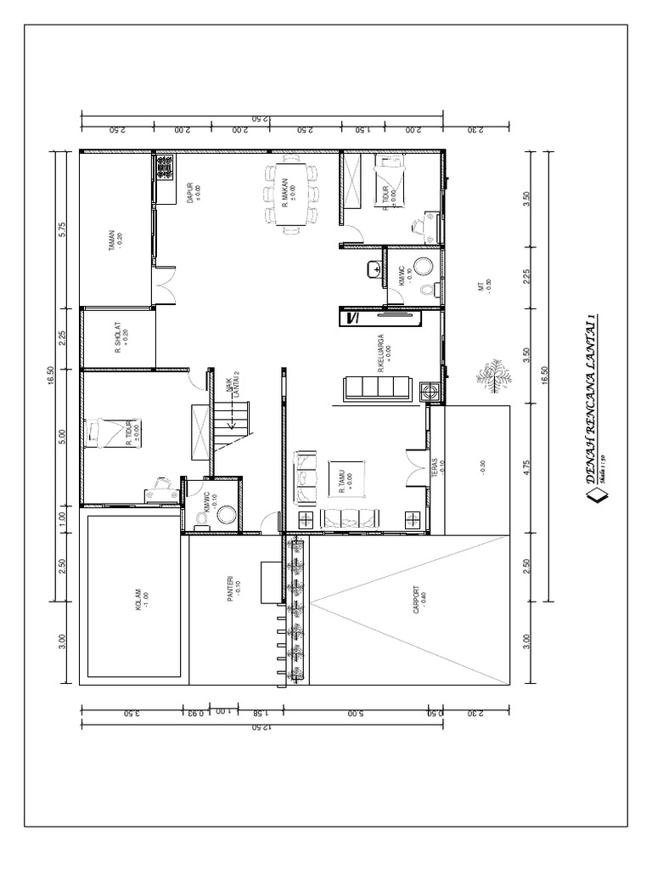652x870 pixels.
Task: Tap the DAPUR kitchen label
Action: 192,193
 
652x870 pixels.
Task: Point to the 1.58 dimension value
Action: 253,715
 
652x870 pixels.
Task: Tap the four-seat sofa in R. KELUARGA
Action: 377,389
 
